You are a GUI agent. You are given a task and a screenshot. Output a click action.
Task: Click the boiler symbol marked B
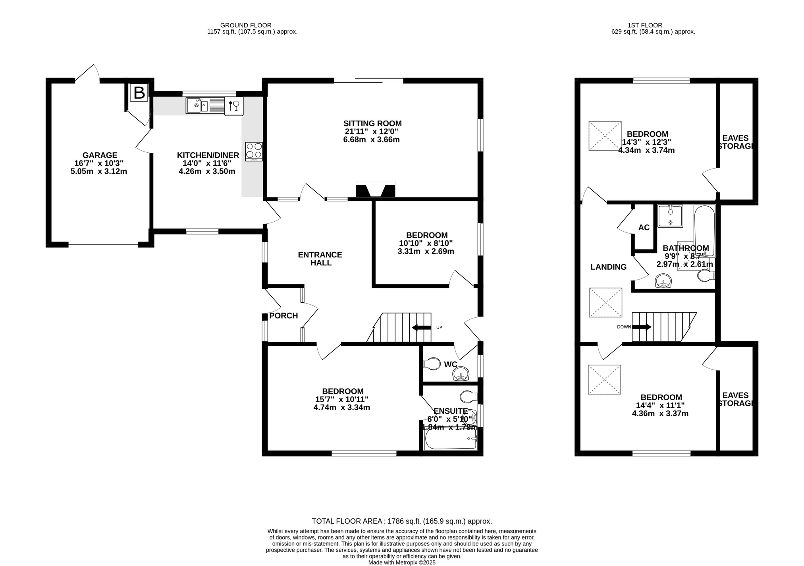(x=139, y=92)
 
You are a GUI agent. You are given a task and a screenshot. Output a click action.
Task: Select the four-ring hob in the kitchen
(x=254, y=151)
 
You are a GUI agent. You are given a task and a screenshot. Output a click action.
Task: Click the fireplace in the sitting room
(x=376, y=189)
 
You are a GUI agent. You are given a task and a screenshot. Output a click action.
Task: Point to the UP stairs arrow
(x=422, y=328)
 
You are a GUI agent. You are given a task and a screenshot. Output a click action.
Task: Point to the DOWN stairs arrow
(x=642, y=327)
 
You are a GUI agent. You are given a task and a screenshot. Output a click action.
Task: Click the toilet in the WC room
(x=432, y=364)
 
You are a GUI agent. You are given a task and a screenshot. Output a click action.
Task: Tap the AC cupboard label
(x=644, y=228)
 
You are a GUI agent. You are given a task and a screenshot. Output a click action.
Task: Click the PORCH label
(x=283, y=316)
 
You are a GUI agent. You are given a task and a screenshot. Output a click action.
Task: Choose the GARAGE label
(x=100, y=155)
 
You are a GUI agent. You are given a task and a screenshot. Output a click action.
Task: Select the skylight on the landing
(x=605, y=303)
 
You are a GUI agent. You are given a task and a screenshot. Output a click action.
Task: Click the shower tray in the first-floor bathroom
(x=670, y=216)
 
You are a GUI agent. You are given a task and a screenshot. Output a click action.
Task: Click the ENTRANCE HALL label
(x=320, y=259)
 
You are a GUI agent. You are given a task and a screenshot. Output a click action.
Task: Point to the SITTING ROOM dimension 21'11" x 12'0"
(x=372, y=131)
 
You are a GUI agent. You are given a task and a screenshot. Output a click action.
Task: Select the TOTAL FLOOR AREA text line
(x=402, y=521)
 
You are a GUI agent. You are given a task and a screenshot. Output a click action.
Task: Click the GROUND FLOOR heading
(x=246, y=25)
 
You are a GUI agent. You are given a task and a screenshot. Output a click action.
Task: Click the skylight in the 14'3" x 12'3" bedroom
(x=605, y=136)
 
